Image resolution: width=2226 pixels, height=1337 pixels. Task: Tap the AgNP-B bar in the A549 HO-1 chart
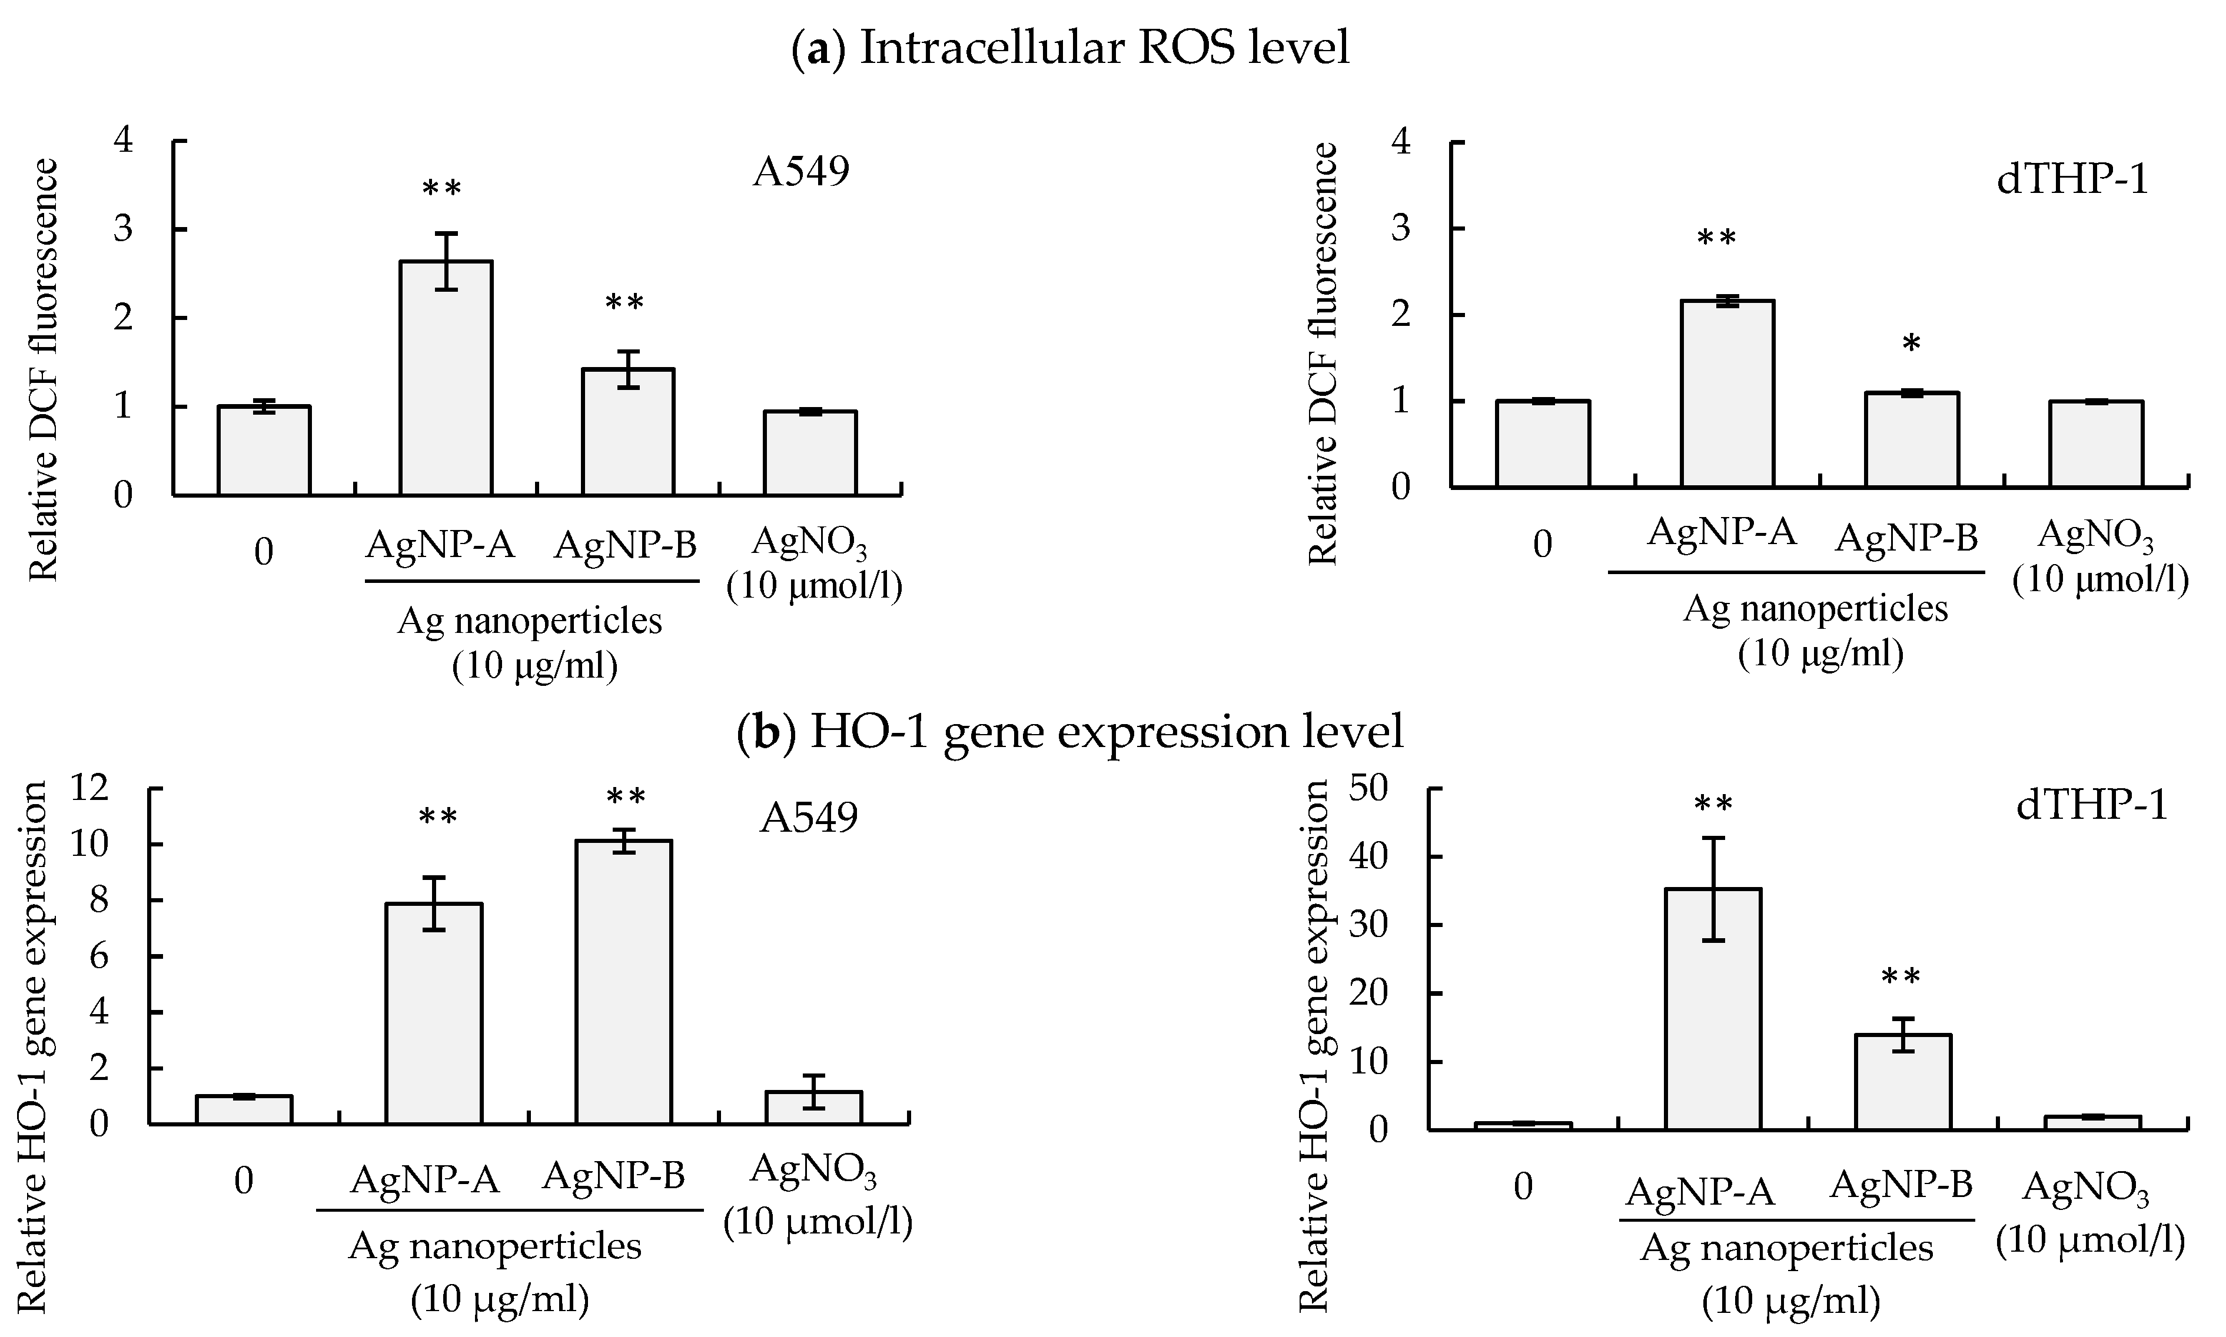(x=624, y=982)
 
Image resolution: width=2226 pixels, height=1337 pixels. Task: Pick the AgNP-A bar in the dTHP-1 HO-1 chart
(x=1712, y=1009)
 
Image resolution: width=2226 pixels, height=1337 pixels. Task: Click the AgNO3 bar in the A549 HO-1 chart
(x=814, y=1108)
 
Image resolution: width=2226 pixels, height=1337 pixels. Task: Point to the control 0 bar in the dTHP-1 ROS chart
(x=1543, y=444)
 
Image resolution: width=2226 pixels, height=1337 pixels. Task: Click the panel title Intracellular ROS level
(x=1071, y=47)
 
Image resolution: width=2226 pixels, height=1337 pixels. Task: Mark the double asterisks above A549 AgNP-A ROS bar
(x=441, y=190)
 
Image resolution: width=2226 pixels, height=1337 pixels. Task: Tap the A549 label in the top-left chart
(x=801, y=171)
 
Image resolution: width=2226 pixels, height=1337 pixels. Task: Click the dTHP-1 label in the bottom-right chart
(x=2091, y=805)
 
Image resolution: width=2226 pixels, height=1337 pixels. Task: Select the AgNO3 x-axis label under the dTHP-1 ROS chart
(x=2100, y=558)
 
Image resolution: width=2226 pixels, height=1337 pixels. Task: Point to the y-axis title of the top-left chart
(x=43, y=369)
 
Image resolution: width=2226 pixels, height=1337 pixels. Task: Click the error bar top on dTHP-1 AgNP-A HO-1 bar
(x=1712, y=839)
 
